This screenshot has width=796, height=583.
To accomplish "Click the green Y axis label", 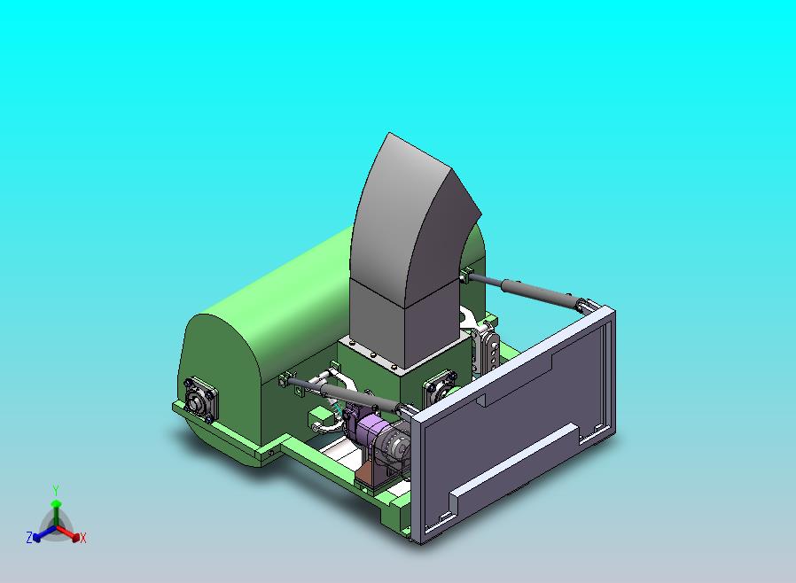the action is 56,491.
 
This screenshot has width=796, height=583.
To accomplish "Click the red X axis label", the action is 83,538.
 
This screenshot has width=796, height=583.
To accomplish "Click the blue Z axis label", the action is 29,537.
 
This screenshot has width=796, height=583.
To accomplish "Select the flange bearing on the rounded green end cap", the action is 201,400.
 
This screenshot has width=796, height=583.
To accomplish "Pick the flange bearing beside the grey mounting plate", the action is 441,385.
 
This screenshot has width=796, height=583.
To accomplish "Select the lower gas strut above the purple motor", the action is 345,393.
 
